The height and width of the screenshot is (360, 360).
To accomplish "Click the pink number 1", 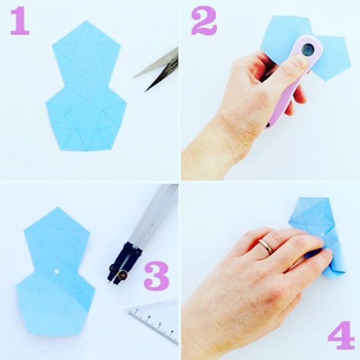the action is point(20,21).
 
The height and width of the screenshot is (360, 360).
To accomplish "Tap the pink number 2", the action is point(204,21).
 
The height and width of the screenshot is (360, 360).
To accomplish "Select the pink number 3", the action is point(156,275).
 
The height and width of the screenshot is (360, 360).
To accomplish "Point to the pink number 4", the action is point(341,336).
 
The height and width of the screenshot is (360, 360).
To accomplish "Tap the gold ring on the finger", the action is point(266,246).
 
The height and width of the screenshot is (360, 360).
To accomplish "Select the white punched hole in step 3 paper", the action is point(56,272).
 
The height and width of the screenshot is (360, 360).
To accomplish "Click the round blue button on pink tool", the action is point(308,49).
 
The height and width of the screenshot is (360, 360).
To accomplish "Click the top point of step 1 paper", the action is point(86,20).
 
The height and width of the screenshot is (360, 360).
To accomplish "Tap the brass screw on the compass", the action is point(123,274).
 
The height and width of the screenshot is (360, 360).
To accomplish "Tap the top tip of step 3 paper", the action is point(57,208).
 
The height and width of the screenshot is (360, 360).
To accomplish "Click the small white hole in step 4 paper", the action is point(323,234).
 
